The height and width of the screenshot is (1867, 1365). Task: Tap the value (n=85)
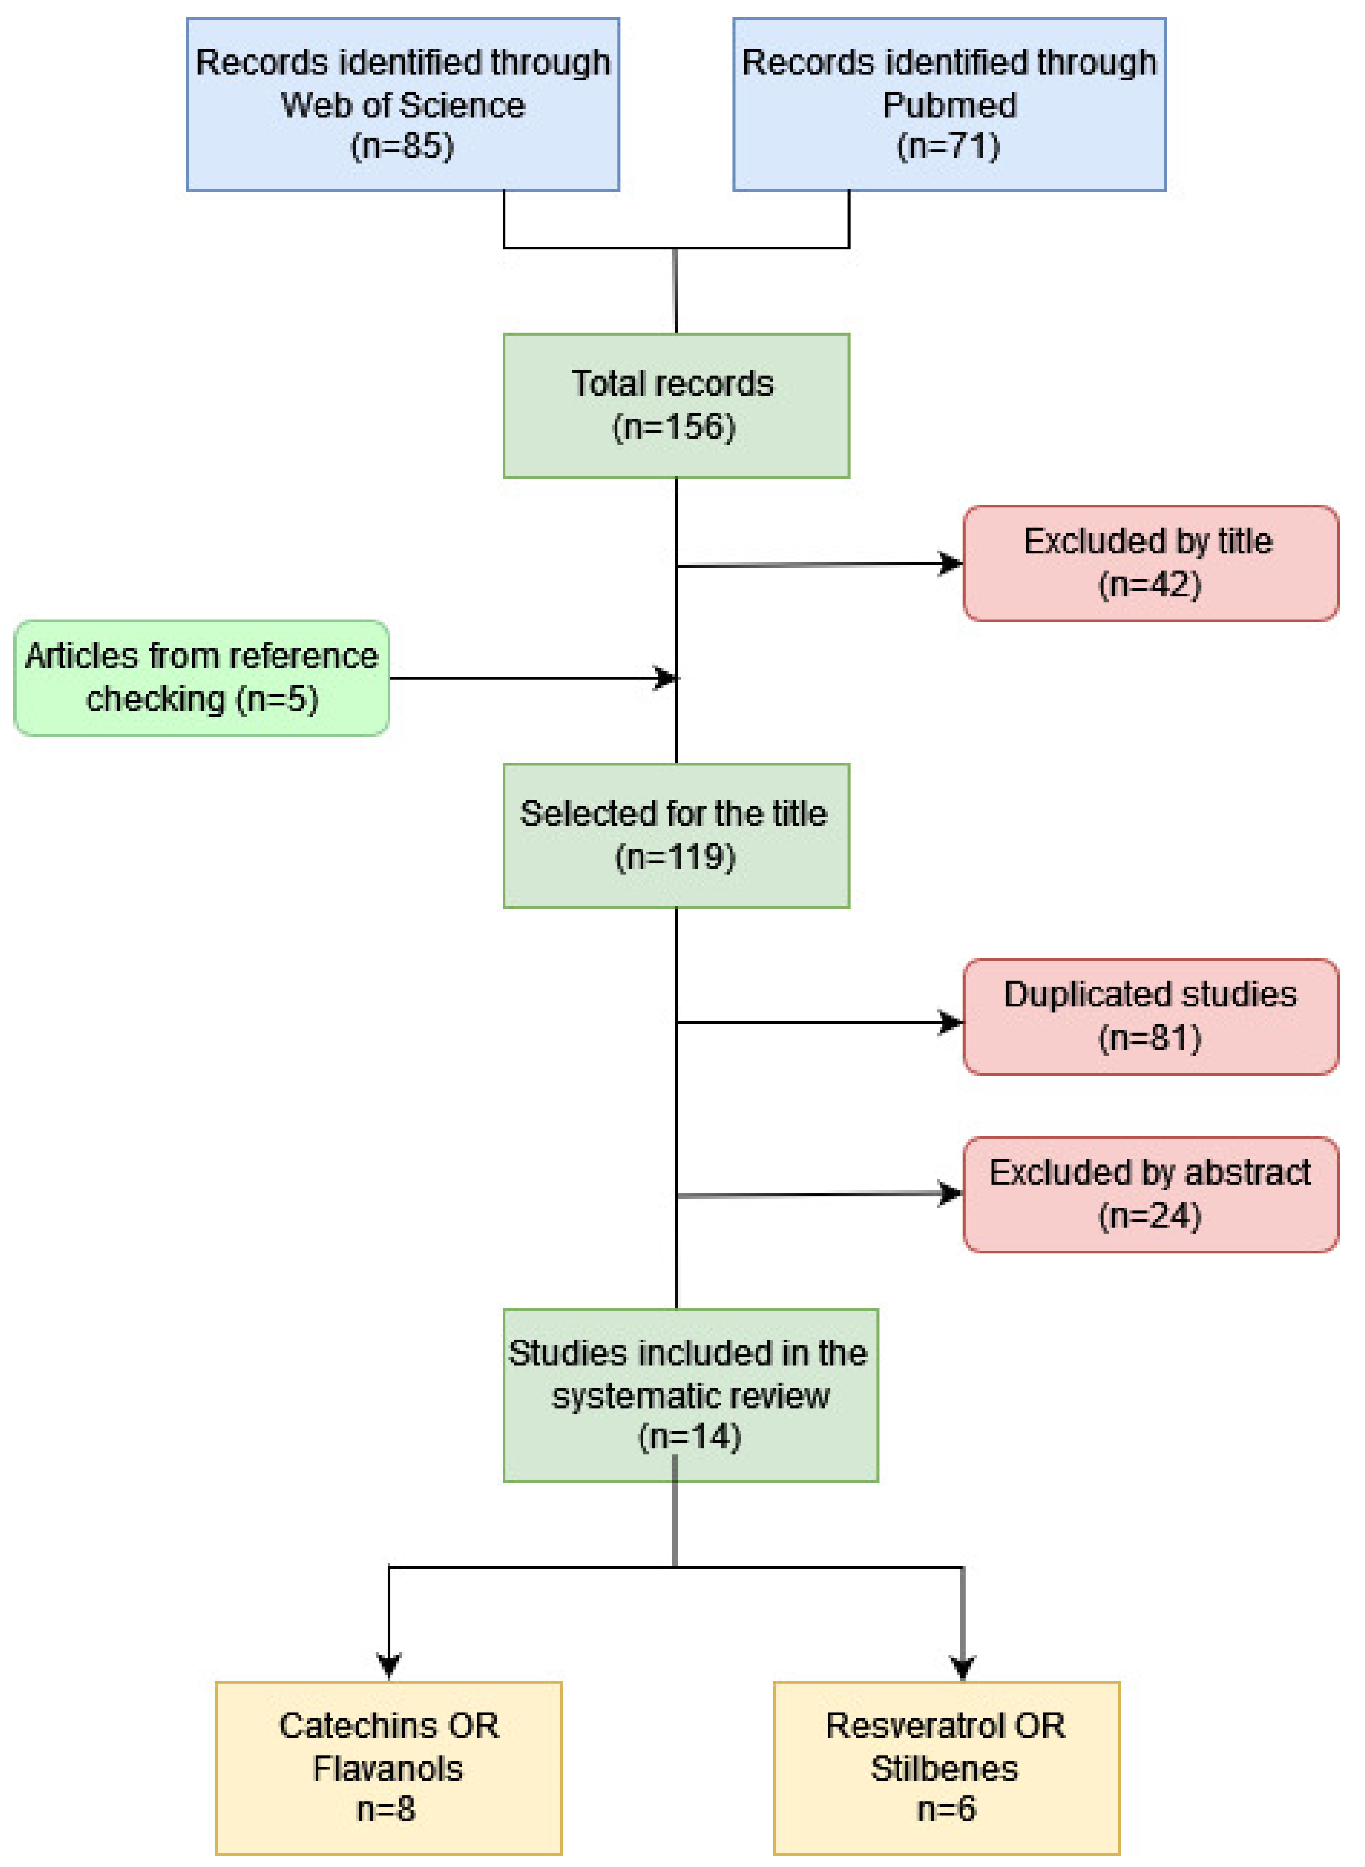pyautogui.click(x=403, y=146)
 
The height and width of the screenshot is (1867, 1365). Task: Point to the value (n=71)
pyautogui.click(x=949, y=146)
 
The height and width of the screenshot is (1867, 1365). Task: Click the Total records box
pyautogui.click(x=676, y=405)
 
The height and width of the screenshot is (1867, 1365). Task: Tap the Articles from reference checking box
pyautogui.click(x=201, y=678)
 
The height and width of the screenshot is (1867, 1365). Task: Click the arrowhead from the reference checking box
pyautogui.click(x=666, y=678)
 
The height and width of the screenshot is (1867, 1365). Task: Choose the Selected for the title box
pyautogui.click(x=676, y=835)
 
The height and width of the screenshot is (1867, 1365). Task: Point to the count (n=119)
pyautogui.click(x=675, y=857)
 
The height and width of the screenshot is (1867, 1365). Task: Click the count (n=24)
pyautogui.click(x=1149, y=1216)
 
